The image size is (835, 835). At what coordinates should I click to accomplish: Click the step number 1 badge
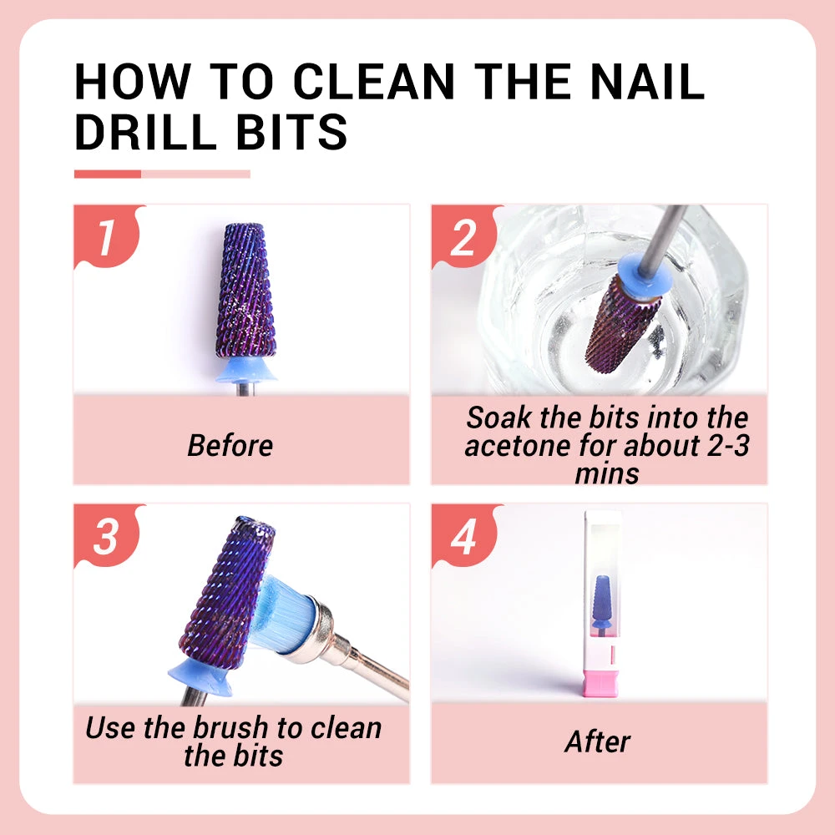pyautogui.click(x=105, y=237)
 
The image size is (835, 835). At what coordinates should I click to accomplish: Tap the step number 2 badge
pyautogui.click(x=463, y=237)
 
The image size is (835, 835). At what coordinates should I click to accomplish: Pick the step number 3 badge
pyautogui.click(x=105, y=536)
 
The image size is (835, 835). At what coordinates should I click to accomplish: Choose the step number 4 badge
pyautogui.click(x=463, y=536)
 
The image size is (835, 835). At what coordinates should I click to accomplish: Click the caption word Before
pyautogui.click(x=230, y=445)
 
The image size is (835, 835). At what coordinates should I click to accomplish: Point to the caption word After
pyautogui.click(x=597, y=741)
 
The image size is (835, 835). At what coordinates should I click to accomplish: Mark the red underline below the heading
pyautogui.click(x=108, y=174)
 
